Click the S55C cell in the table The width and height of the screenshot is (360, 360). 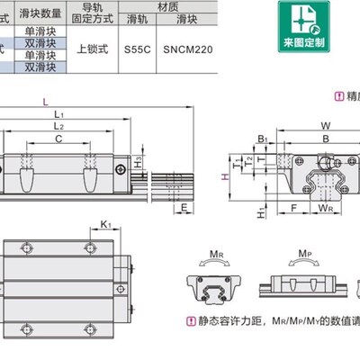click(x=138, y=50)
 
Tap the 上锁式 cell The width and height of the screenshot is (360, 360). click(x=94, y=50)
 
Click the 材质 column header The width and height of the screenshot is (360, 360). click(x=167, y=5)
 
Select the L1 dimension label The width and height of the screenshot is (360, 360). click(x=58, y=114)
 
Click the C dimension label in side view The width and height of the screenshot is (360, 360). click(x=58, y=139)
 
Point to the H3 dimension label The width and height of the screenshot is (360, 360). click(x=137, y=161)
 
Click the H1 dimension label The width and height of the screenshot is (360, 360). click(x=259, y=213)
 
